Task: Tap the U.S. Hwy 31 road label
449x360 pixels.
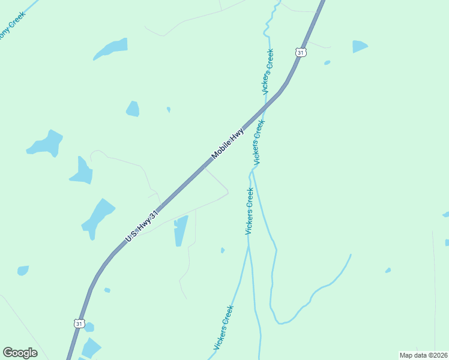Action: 142,227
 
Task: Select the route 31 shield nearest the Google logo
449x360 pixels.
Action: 79,323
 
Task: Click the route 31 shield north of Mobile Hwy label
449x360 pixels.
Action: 301,53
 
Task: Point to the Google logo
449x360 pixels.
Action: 20,353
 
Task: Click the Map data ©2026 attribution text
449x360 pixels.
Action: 423,355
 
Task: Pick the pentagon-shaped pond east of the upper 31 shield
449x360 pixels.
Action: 360,46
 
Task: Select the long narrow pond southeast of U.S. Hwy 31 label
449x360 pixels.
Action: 181,230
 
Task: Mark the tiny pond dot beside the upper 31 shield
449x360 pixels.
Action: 327,62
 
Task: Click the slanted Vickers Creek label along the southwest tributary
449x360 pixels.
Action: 223,328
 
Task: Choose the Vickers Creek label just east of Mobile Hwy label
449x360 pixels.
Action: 259,142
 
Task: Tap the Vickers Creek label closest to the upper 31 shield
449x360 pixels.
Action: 268,71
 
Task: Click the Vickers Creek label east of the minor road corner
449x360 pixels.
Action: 250,211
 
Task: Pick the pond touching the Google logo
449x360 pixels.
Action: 91,347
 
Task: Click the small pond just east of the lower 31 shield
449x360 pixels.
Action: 89,327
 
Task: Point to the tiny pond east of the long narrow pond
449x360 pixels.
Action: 223,250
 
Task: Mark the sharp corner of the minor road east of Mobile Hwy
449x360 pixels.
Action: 228,193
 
